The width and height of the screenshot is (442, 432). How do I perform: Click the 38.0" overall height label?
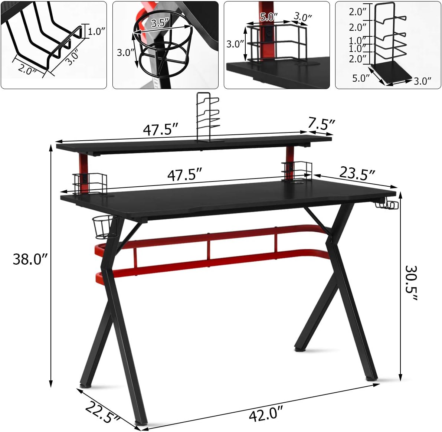[x=31, y=259]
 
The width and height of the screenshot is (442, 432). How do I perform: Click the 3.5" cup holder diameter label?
[x=160, y=22]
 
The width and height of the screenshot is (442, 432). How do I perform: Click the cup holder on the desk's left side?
[x=104, y=227]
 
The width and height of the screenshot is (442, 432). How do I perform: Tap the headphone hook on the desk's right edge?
[x=387, y=204]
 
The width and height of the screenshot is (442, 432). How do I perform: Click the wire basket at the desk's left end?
[x=90, y=183]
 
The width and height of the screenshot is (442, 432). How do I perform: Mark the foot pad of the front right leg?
[x=372, y=380]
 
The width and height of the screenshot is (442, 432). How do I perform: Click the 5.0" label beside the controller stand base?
[x=361, y=78]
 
